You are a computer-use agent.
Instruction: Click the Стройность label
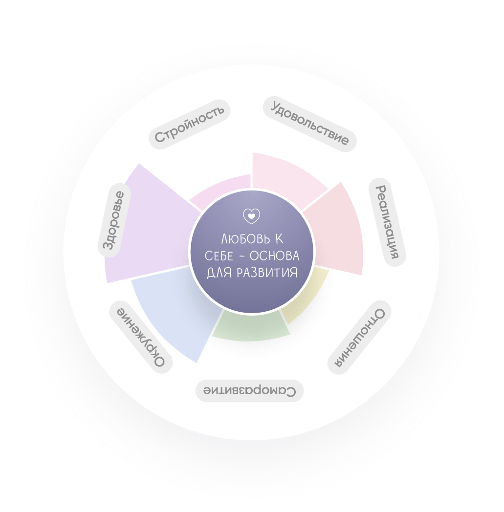pos(190,124)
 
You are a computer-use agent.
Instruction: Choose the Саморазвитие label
pos(250,391)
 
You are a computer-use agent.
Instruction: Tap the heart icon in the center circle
pos(252,216)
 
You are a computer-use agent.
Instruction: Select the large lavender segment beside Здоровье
pos(147,230)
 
